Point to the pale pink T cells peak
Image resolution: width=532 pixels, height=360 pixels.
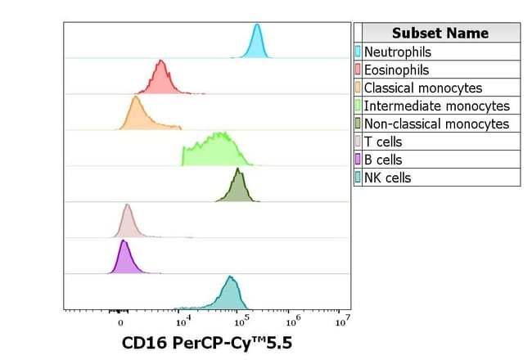pyautogui.click(x=127, y=222)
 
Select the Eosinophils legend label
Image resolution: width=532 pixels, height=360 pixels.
pyautogui.click(x=396, y=70)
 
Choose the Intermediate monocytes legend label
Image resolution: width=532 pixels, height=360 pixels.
pyautogui.click(x=436, y=106)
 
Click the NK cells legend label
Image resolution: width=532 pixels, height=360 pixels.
pyautogui.click(x=387, y=178)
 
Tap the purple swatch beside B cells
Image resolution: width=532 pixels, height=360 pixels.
pyautogui.click(x=358, y=160)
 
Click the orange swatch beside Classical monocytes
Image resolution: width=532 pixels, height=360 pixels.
pyautogui.click(x=358, y=88)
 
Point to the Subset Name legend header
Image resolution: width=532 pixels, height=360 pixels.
pyautogui.click(x=440, y=33)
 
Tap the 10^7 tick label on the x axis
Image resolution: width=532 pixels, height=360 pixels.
pyautogui.click(x=343, y=322)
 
